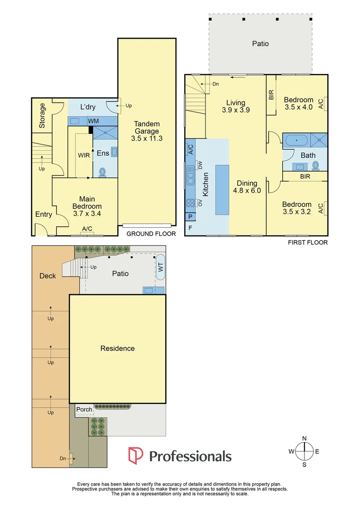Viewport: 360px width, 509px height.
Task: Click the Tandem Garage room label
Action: [147, 128]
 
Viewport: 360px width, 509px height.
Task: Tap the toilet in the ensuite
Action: [103, 172]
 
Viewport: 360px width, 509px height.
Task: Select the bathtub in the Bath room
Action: [296, 140]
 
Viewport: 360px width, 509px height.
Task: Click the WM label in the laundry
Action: [93, 121]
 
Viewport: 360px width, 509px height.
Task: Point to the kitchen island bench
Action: [222, 189]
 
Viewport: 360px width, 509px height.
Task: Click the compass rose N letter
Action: [304, 439]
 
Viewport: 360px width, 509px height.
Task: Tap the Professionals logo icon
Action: [136, 455]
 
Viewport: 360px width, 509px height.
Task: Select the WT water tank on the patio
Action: [161, 267]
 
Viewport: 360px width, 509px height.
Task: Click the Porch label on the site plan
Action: [84, 410]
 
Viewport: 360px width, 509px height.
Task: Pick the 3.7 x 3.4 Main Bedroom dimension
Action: [87, 213]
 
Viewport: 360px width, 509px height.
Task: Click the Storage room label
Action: [42, 115]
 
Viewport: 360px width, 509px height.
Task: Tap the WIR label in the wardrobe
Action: [84, 156]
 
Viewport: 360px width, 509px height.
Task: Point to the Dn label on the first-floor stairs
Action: [215, 84]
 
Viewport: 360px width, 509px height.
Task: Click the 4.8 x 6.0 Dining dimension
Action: [247, 190]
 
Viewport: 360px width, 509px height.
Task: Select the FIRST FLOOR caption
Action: [308, 243]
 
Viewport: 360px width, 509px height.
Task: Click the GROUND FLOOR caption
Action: [151, 234]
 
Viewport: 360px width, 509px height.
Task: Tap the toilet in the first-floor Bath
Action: [316, 165]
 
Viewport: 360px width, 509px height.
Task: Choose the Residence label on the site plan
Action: [117, 348]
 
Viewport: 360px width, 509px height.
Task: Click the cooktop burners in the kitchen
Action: [190, 203]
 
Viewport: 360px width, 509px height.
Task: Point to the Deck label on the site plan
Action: [48, 276]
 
